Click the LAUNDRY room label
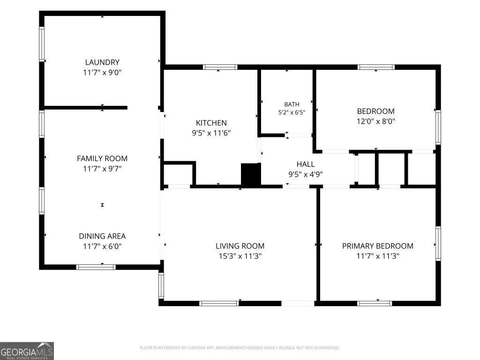[102, 62]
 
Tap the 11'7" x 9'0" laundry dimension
[102, 73]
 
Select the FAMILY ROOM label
[102, 158]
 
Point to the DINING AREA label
[102, 236]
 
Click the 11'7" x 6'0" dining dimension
[102, 247]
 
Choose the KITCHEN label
[211, 123]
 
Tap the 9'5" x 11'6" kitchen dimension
[211, 133]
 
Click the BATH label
[292, 105]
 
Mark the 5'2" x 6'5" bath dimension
[292, 112]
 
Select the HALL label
[306, 164]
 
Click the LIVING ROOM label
[240, 246]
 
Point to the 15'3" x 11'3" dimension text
[240, 256]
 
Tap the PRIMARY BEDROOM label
[378, 246]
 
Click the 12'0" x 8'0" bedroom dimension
[376, 121]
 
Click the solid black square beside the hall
[251, 174]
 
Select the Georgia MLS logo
[27, 351]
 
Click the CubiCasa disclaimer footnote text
[240, 348]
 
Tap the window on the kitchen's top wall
[220, 67]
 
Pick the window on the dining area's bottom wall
[96, 267]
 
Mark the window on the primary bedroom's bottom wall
[375, 303]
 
